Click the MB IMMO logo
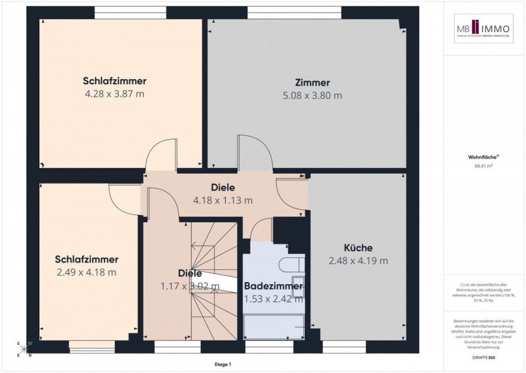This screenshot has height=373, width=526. click(x=484, y=29)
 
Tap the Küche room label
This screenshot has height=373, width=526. click(x=358, y=248)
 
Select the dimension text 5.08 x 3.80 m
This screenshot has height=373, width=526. click(x=313, y=96)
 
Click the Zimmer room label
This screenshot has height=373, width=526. click(x=312, y=83)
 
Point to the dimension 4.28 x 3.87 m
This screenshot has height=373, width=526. click(x=114, y=93)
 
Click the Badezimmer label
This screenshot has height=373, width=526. click(x=273, y=286)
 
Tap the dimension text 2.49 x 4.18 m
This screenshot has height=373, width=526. click(x=86, y=272)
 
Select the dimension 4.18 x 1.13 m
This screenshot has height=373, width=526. click(x=223, y=200)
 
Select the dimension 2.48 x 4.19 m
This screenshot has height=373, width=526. click(x=358, y=261)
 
